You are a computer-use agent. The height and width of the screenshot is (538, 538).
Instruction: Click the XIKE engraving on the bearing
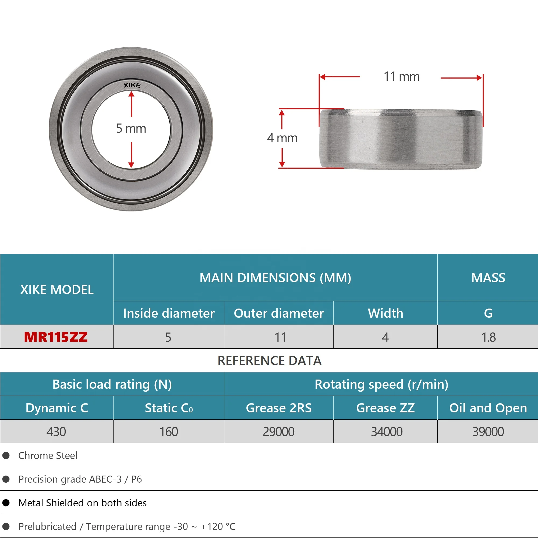click(132, 85)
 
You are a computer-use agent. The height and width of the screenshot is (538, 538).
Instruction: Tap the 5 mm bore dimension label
click(131, 129)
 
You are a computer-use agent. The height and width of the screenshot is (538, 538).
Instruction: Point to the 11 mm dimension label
click(402, 77)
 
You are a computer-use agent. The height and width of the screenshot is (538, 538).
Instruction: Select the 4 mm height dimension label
click(282, 138)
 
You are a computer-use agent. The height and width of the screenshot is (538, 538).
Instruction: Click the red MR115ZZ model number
click(56, 337)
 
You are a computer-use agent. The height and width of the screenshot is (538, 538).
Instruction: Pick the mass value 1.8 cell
click(489, 337)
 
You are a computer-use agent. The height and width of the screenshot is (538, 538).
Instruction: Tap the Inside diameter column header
click(169, 313)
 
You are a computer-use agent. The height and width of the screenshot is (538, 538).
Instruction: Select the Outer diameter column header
click(279, 313)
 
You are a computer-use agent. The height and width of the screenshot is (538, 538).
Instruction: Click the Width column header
click(385, 313)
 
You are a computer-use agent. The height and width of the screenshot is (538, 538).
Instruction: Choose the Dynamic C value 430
click(56, 432)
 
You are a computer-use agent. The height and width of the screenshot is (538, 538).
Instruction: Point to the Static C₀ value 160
click(169, 432)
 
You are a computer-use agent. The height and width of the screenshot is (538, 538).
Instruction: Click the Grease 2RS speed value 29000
click(279, 432)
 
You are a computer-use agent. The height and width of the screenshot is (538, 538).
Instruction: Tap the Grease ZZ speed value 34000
click(387, 432)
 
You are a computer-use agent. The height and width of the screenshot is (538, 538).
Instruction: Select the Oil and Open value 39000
click(488, 432)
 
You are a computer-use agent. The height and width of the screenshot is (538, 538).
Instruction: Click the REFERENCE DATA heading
click(269, 361)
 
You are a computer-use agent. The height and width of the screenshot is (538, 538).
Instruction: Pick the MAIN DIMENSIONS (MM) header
click(275, 278)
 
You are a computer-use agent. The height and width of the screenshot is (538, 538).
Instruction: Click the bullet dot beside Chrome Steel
click(6, 456)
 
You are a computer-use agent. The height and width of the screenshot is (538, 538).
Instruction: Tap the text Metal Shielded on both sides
click(82, 503)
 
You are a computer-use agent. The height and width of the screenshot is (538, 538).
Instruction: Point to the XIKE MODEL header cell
click(57, 290)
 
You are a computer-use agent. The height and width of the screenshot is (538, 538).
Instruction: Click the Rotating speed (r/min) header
click(381, 384)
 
